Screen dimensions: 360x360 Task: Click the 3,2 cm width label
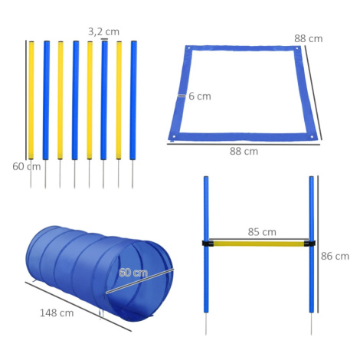click(103, 31)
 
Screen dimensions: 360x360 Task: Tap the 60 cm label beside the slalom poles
click(27, 167)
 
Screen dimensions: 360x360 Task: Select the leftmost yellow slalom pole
click(31, 100)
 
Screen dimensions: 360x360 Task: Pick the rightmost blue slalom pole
click(133, 100)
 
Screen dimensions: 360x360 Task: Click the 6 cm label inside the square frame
click(200, 97)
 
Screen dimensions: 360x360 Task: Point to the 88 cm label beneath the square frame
click(244, 151)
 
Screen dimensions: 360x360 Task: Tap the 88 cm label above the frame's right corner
click(309, 38)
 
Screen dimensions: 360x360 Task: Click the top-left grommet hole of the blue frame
click(188, 47)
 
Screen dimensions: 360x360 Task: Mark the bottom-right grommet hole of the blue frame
click(312, 137)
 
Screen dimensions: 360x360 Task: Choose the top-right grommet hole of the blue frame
click(297, 48)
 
